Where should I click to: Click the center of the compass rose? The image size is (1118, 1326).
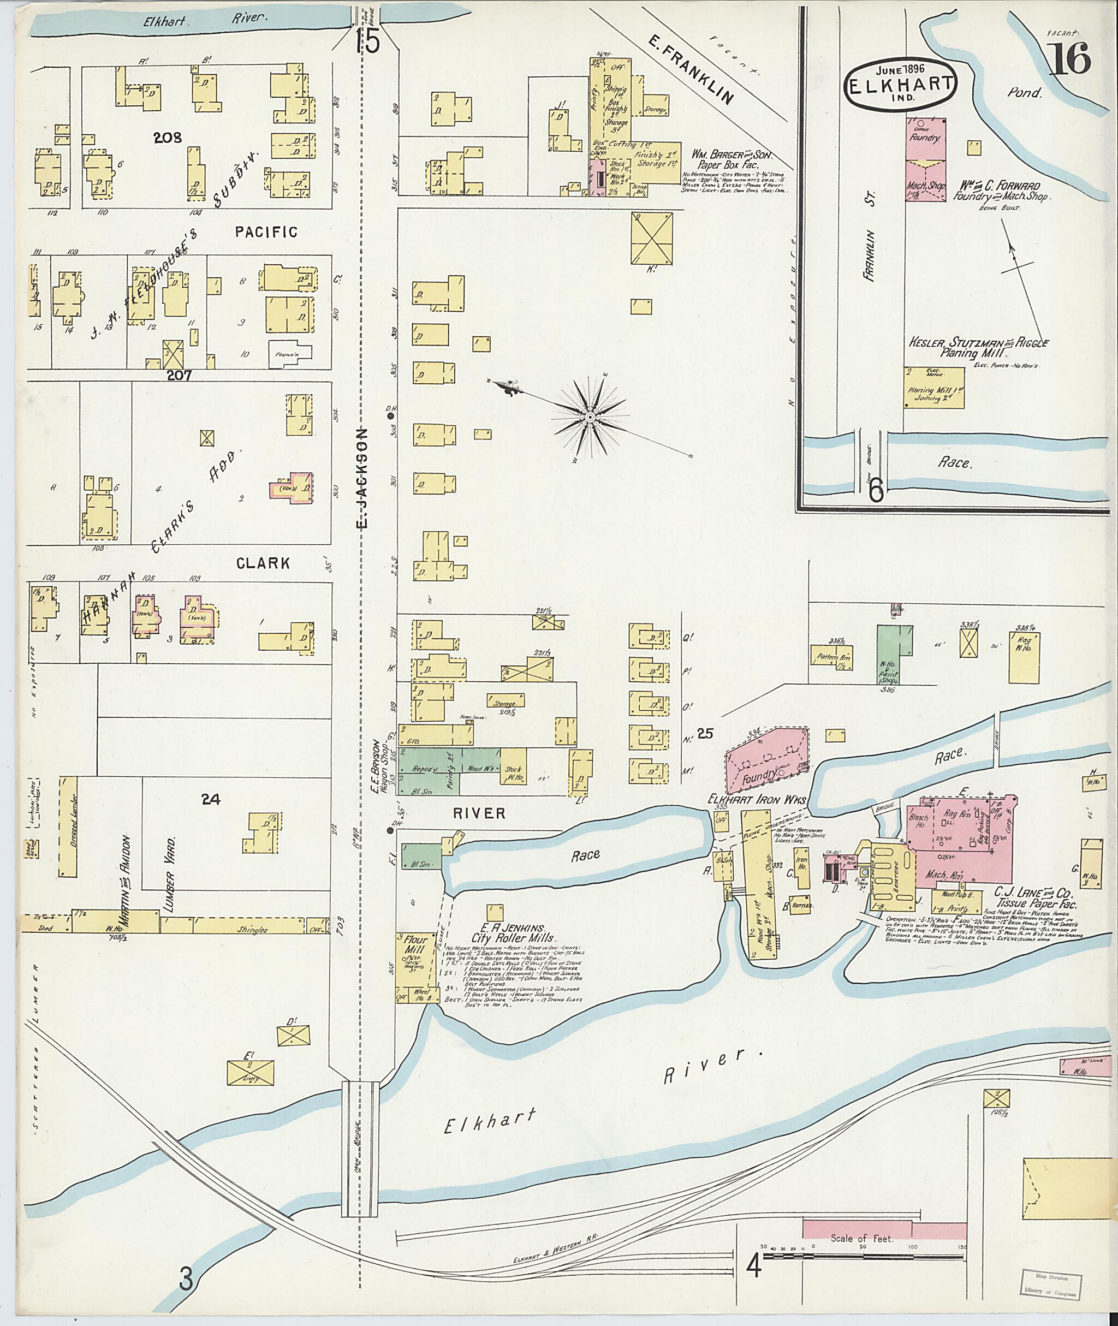(590, 417)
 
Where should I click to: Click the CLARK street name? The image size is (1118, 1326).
(263, 563)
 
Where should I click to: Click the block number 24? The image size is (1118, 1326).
(210, 800)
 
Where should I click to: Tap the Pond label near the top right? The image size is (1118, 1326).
(1025, 93)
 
